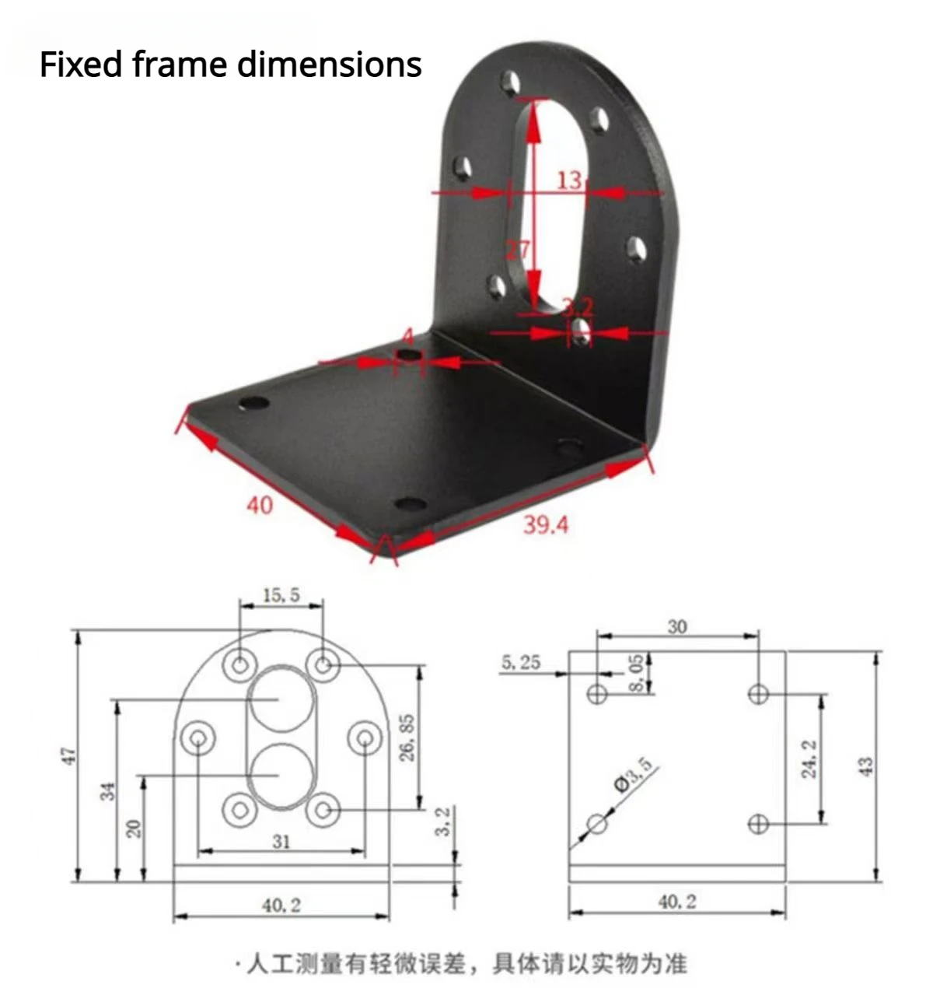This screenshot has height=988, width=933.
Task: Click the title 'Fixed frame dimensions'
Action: point(230,65)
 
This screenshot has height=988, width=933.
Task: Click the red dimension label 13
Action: point(569,180)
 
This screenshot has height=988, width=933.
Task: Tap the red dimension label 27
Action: point(518,249)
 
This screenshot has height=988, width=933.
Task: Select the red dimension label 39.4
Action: point(546,525)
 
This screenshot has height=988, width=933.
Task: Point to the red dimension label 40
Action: point(260,506)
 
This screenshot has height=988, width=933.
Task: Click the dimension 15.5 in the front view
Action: point(281,595)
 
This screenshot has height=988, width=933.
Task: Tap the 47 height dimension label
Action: point(70,755)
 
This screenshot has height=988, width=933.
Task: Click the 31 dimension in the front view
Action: point(281,841)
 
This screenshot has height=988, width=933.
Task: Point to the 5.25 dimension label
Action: point(521,662)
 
